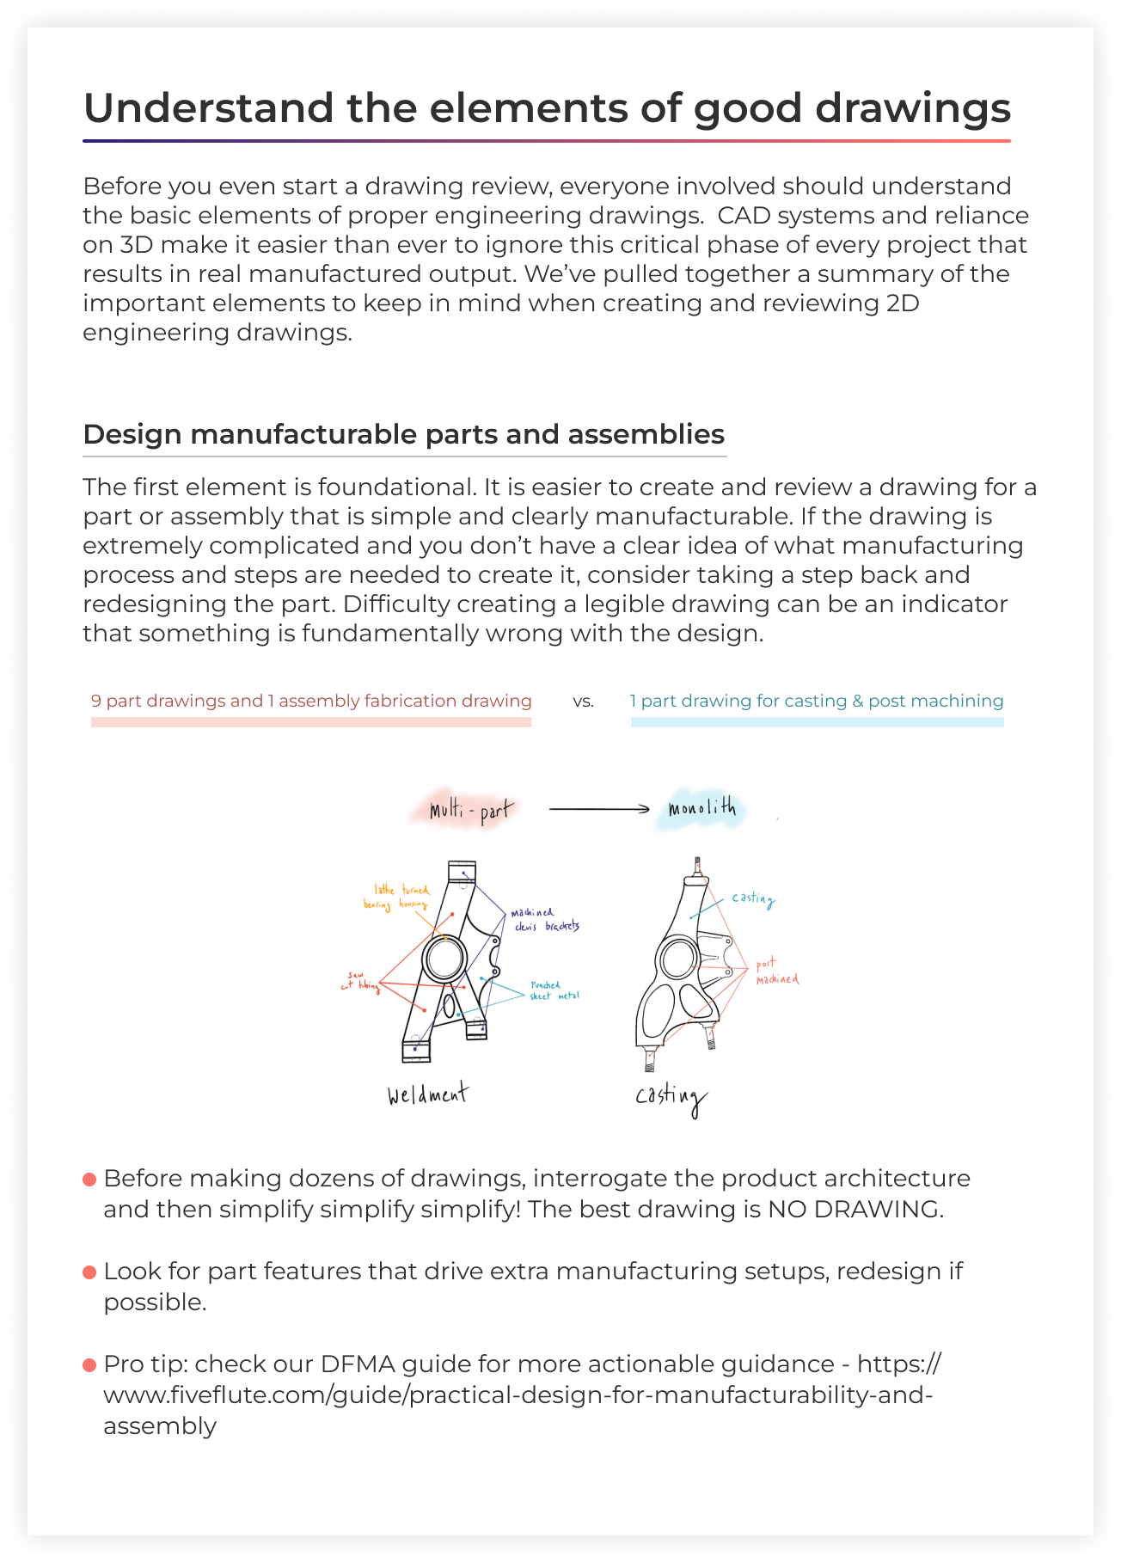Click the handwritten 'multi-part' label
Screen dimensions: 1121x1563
click(472, 810)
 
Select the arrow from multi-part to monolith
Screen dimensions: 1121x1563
click(599, 809)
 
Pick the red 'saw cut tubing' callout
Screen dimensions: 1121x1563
click(359, 981)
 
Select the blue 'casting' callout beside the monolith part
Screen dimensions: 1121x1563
click(753, 898)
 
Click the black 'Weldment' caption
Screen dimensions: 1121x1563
click(427, 1094)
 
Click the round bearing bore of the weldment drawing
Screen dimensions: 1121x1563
click(444, 959)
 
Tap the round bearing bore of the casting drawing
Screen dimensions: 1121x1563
click(677, 958)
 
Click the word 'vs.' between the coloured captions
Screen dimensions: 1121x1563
click(584, 702)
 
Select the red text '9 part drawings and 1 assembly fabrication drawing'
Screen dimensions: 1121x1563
click(311, 701)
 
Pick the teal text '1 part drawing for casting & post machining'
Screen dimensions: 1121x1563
click(817, 701)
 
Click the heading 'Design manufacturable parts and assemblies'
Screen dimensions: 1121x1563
click(404, 434)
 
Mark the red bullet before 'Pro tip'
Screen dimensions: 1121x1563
click(89, 1365)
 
